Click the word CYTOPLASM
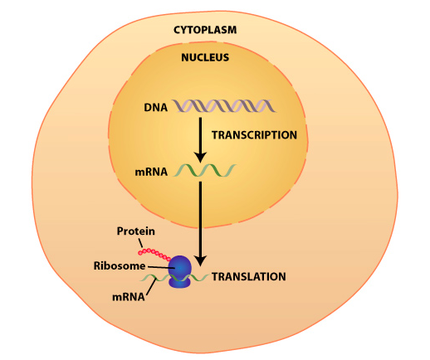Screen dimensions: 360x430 (x=205, y=30)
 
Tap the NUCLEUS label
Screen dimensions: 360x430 (x=205, y=58)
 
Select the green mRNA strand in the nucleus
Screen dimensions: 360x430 (x=204, y=172)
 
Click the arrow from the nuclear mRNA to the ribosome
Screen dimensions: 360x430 (x=199, y=216)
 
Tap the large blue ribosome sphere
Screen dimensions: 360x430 (x=181, y=267)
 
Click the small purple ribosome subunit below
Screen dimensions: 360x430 (x=181, y=282)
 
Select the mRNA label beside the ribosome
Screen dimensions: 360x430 (x=127, y=294)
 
